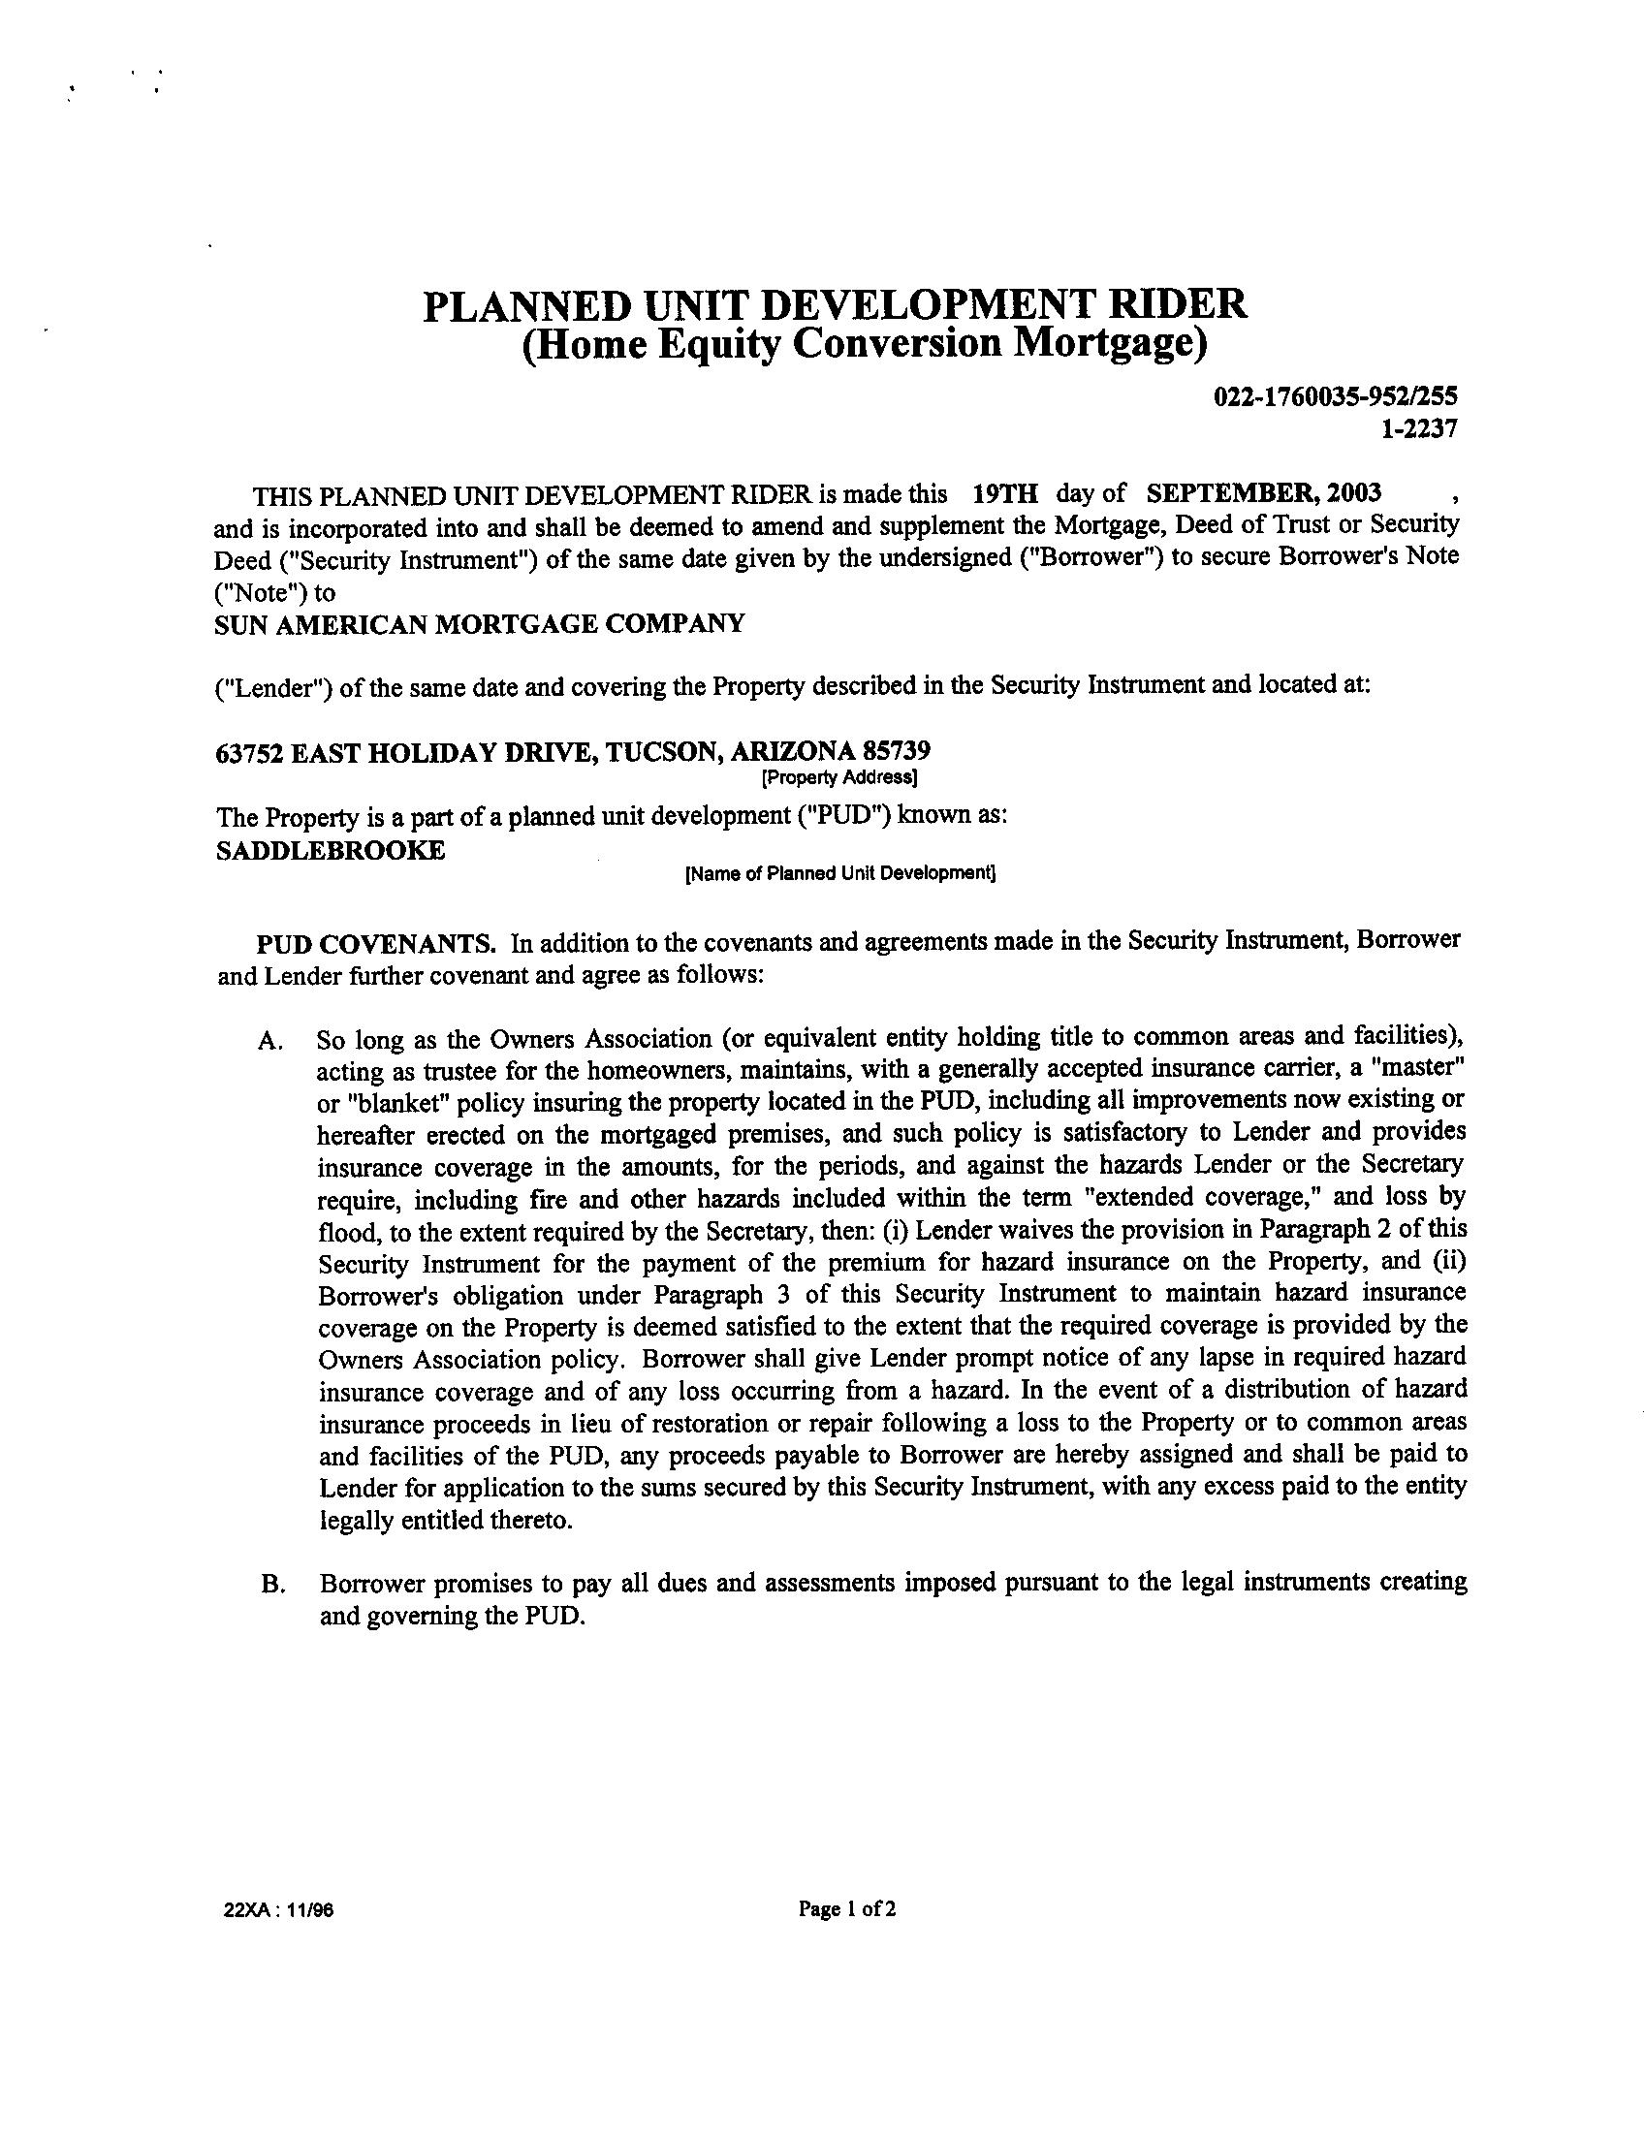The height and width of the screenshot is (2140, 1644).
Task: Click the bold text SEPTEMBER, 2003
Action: [x=1263, y=491]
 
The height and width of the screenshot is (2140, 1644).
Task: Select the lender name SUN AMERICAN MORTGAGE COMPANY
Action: [x=479, y=623]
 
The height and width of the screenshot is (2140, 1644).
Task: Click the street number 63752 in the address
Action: [x=249, y=750]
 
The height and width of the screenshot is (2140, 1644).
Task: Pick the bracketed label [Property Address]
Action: [x=838, y=778]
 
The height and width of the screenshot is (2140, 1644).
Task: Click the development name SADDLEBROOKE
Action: [x=330, y=850]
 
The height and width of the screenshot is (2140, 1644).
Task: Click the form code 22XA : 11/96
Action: [x=279, y=1909]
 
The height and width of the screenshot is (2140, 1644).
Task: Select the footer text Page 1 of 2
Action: [x=847, y=1908]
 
